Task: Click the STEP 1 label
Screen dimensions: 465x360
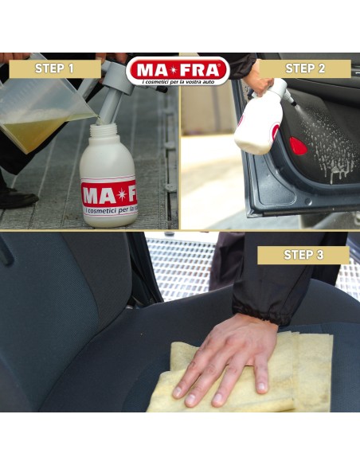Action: (x=54, y=68)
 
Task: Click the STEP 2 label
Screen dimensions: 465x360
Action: (x=305, y=68)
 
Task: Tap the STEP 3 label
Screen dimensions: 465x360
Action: (x=303, y=255)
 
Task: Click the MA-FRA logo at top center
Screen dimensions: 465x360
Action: (x=178, y=68)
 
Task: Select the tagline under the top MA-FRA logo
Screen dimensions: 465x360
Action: (x=178, y=81)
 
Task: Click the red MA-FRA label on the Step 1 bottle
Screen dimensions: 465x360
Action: (x=108, y=196)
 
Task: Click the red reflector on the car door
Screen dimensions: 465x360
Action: (x=298, y=146)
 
